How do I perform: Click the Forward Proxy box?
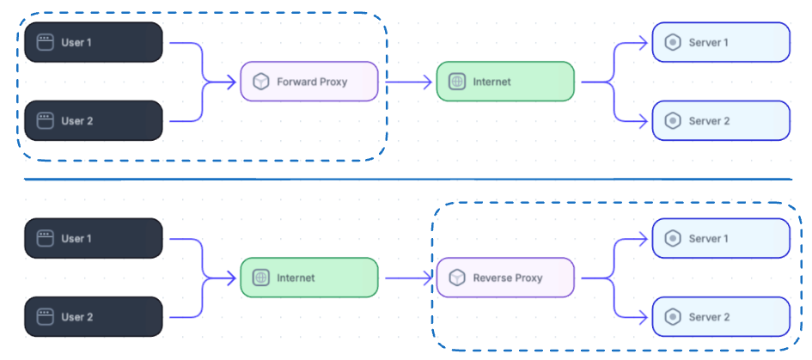coord(309,82)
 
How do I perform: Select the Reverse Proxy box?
coord(505,278)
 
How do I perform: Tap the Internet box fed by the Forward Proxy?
coord(505,82)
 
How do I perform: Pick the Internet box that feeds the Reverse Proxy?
coord(309,278)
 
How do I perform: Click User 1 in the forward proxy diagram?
coord(93,42)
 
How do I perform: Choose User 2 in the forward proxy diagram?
coord(93,121)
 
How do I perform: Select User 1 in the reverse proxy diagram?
coord(93,239)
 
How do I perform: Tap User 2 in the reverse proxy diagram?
coord(93,317)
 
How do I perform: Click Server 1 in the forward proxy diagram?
coord(720,42)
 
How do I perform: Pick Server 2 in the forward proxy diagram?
coord(720,121)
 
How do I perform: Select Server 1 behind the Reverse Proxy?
coord(720,239)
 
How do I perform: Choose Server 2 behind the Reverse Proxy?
coord(720,317)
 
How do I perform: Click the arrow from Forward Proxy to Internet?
coord(407,82)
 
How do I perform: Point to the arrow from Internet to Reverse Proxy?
coord(407,278)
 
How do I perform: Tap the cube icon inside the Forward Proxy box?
coord(261,82)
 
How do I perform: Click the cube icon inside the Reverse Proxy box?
coord(457,278)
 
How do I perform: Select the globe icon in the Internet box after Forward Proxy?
coord(457,82)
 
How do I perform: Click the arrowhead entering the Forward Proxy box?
coord(232,82)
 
